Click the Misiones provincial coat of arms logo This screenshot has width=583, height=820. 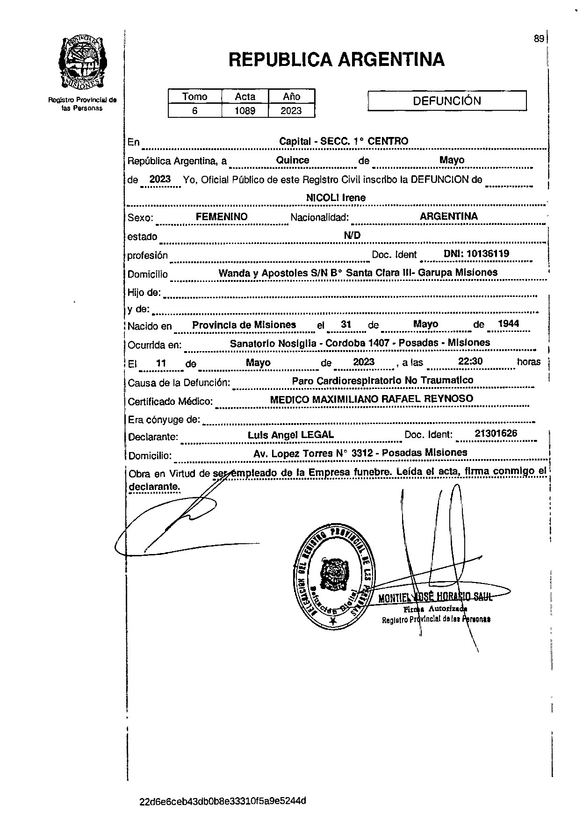coord(82,62)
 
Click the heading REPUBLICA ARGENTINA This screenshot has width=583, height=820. coord(336,59)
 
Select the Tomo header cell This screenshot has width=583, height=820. coord(194,97)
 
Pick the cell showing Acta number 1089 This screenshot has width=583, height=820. coord(245,111)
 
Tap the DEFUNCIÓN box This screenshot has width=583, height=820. coord(446,101)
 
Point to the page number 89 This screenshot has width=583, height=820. coord(539,39)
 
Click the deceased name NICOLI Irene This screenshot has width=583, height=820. coord(335,198)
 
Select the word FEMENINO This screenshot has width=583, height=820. coord(221,216)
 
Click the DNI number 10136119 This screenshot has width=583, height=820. coord(476,254)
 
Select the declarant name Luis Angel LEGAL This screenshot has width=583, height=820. coord(290,435)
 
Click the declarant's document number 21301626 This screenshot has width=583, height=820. coord(496,433)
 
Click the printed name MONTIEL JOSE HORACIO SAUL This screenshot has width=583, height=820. coord(435,597)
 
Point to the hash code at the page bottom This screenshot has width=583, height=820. coord(223,801)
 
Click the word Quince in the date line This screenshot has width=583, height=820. coord(293,160)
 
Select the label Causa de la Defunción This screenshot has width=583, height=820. coord(179,383)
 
